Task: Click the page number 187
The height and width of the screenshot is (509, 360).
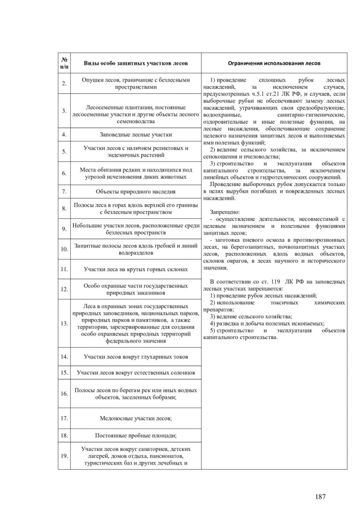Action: (321, 497)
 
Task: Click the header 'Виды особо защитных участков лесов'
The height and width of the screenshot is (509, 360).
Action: (136, 63)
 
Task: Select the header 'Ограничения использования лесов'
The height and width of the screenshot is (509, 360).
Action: (274, 63)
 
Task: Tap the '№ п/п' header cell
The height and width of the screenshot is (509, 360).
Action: (65, 63)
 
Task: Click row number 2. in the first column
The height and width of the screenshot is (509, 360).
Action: (65, 83)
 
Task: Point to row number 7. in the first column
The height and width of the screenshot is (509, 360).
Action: (65, 192)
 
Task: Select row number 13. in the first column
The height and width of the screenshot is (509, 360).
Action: (65, 323)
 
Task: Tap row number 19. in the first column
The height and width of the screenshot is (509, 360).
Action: (65, 456)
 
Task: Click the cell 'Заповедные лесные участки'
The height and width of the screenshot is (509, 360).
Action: (136, 135)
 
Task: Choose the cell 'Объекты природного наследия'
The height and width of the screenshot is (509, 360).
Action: (136, 192)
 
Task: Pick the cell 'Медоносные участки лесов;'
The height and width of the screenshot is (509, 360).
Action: (136, 418)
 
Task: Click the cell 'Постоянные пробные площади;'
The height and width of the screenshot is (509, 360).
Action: (136, 435)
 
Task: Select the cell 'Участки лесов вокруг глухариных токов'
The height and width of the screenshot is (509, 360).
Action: (136, 357)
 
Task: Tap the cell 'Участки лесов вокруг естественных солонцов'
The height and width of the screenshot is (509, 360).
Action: (136, 373)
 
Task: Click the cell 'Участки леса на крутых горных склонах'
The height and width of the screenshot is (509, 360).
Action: (136, 269)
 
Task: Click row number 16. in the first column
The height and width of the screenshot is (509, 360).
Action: (65, 394)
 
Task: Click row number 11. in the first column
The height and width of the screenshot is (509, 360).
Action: (65, 269)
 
